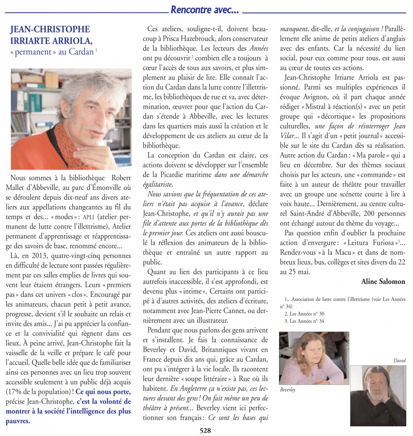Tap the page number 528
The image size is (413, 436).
coord(206,430)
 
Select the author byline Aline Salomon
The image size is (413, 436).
coord(383,281)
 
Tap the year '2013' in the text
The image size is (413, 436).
coord(46,255)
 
